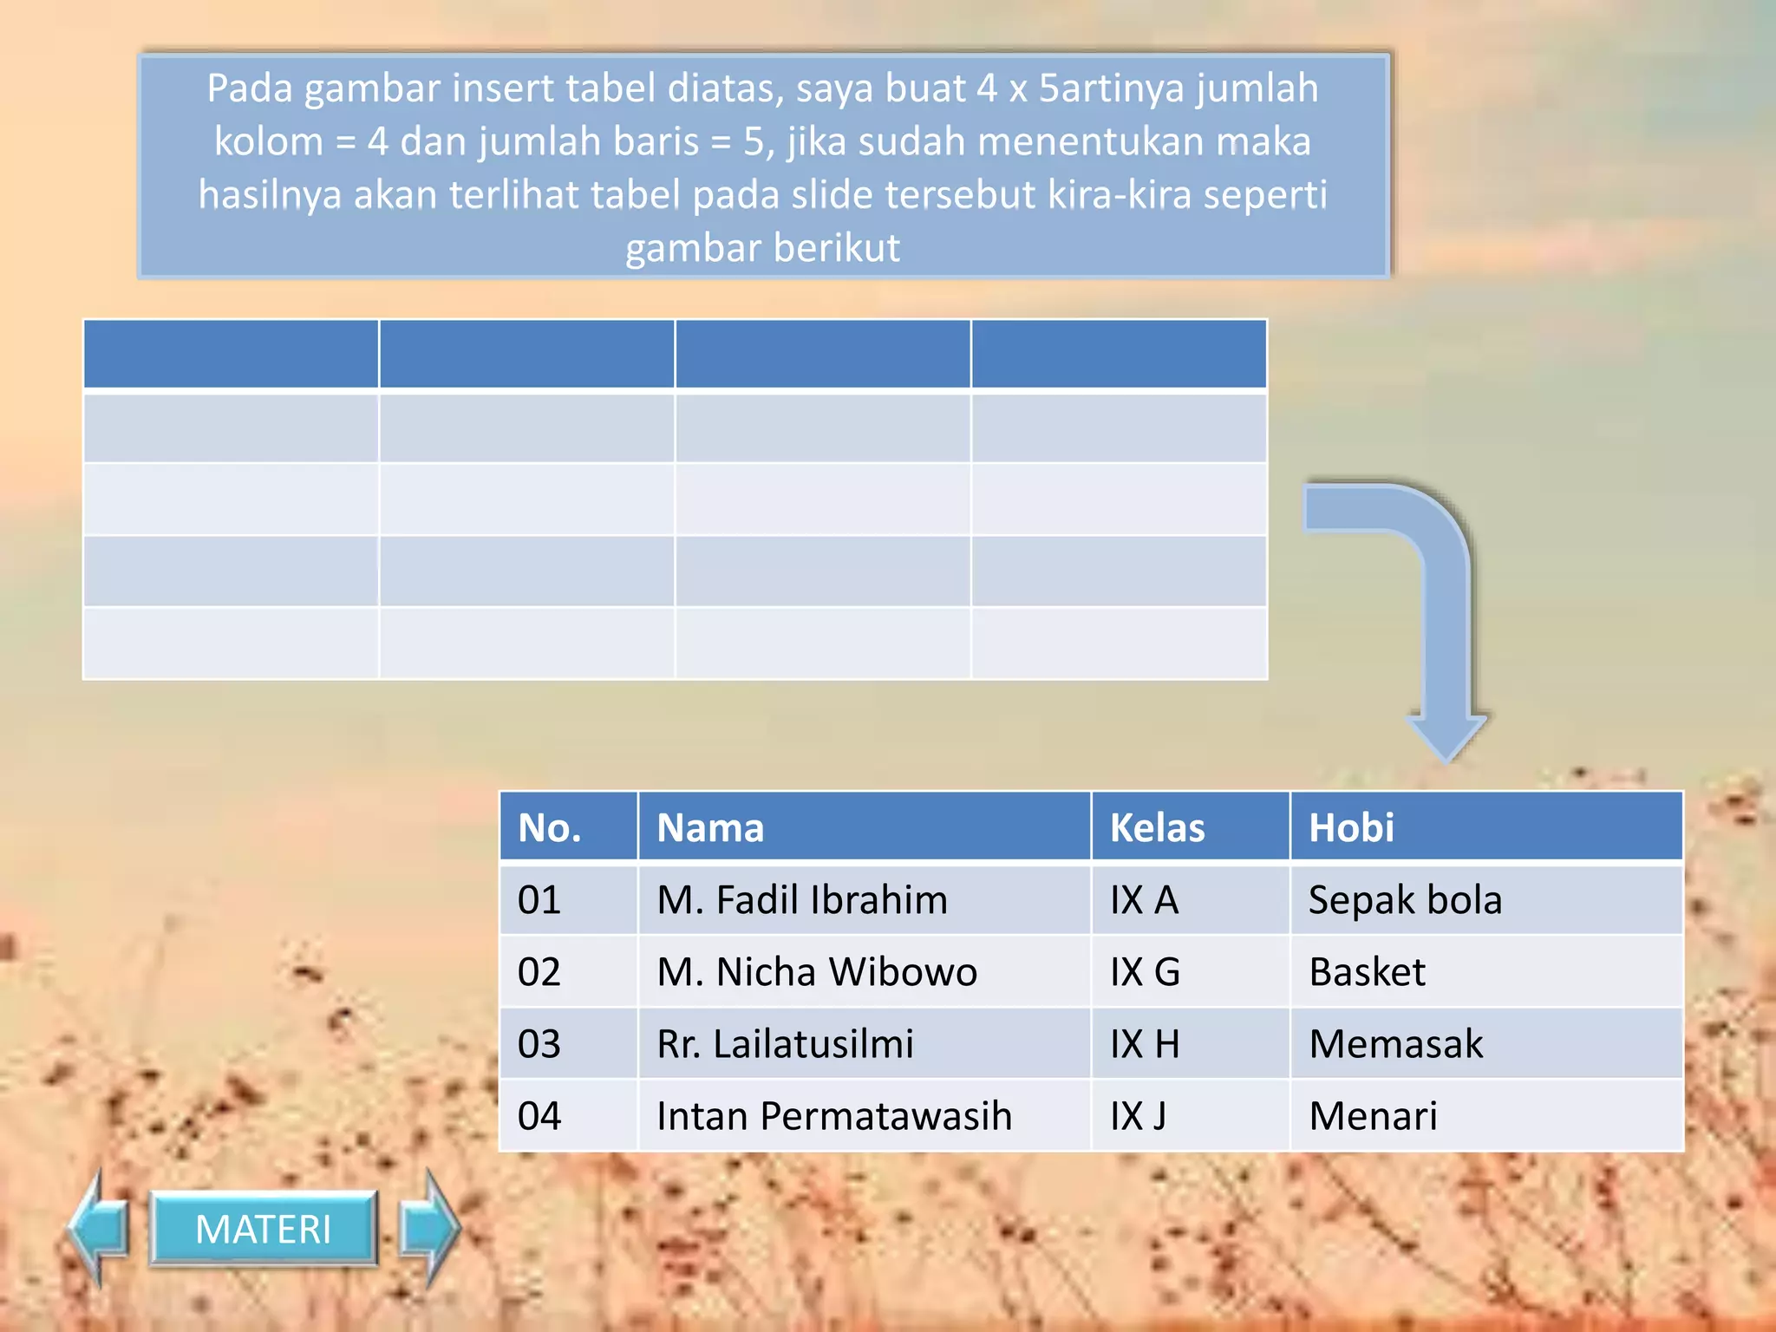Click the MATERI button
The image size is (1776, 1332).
coord(264,1229)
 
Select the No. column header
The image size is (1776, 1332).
coord(550,827)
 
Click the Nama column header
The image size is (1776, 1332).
coord(710,827)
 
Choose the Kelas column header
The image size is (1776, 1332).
coord(1157,827)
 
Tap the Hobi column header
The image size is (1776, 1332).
coord(1351,827)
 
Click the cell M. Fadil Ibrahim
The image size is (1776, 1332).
coord(802,899)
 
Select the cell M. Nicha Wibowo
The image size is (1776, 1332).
coord(817,971)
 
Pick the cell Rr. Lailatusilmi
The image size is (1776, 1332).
coord(785,1043)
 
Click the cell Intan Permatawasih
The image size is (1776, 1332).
coord(834,1115)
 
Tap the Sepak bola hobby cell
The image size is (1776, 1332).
coord(1405,899)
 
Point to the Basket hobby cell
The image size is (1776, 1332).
coord(1367,971)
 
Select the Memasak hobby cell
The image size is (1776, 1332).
coord(1396,1043)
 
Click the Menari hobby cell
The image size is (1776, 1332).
coord(1373,1115)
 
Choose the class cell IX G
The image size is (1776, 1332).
coord(1145,971)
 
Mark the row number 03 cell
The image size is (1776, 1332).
coord(539,1043)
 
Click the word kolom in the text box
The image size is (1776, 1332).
coord(268,141)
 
